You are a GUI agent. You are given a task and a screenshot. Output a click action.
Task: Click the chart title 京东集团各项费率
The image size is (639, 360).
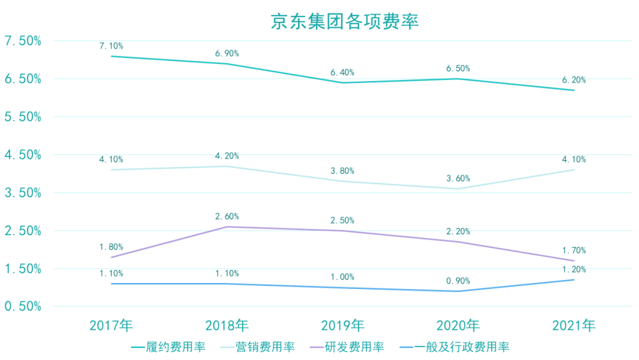(345, 21)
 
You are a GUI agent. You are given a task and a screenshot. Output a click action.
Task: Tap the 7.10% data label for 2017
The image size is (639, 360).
(111, 46)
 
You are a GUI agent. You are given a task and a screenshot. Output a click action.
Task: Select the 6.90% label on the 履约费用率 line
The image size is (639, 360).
(227, 53)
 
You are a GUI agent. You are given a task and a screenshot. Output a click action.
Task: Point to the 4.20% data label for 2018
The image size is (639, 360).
(227, 156)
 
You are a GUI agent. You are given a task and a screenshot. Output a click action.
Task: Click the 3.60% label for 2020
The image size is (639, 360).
(458, 178)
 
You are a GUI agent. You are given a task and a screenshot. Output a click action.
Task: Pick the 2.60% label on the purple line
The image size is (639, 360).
(227, 216)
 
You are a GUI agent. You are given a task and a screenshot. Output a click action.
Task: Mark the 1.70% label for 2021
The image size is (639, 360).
(574, 250)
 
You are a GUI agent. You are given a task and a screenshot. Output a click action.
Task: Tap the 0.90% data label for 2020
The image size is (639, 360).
(458, 281)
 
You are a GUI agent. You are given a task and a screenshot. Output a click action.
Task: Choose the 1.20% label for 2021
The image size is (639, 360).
(574, 269)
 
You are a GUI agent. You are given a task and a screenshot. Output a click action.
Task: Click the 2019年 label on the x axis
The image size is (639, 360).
(343, 325)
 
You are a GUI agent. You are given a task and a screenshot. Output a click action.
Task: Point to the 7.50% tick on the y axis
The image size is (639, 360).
(22, 41)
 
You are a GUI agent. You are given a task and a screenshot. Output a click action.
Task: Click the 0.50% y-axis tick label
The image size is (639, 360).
(22, 307)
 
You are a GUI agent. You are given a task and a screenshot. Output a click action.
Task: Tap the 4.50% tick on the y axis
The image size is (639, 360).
(22, 155)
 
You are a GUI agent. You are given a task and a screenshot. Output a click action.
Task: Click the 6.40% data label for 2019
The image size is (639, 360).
(343, 72)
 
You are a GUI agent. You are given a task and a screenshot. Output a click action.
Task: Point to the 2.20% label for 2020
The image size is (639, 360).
(458, 231)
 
